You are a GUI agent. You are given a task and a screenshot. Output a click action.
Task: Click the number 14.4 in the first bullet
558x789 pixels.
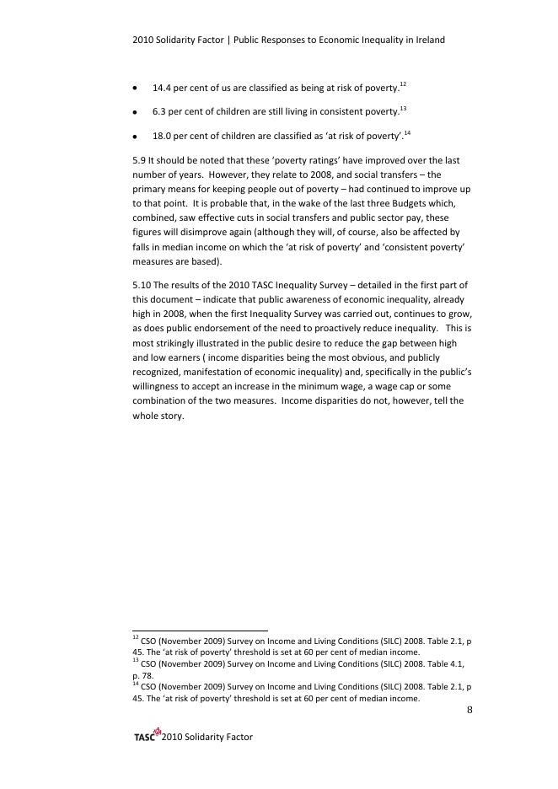point(162,88)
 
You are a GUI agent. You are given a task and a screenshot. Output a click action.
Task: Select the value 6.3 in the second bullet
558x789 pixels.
point(158,111)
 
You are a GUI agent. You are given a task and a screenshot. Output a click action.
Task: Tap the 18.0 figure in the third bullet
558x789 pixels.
point(162,136)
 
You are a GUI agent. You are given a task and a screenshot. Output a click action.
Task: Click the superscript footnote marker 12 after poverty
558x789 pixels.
point(403,85)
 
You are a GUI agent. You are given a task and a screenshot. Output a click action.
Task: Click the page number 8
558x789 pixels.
point(469,711)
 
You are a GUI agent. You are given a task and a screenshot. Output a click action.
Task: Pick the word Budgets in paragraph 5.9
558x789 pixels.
point(417,204)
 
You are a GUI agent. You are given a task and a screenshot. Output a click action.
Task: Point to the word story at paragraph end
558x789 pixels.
point(170,416)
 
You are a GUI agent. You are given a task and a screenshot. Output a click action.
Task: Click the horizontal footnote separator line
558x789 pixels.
point(200,630)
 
